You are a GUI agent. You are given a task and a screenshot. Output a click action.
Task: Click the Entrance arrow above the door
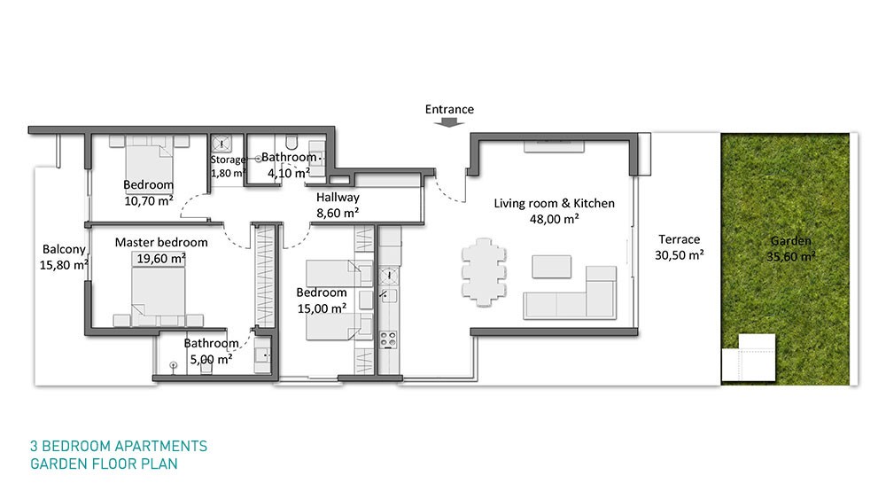pyautogui.click(x=449, y=122)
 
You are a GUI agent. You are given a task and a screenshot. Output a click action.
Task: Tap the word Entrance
pyautogui.click(x=449, y=109)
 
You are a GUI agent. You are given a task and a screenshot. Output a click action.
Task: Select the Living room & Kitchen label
pyautogui.click(x=554, y=204)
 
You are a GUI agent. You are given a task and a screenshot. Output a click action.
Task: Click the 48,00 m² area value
pyautogui.click(x=554, y=219)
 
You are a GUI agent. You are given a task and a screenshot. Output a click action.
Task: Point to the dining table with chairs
pyautogui.click(x=484, y=272)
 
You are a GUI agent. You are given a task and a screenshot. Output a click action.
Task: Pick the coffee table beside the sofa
pyautogui.click(x=551, y=267)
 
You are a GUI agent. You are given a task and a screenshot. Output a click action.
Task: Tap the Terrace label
pyautogui.click(x=680, y=239)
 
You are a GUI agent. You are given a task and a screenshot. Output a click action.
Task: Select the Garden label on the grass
pyautogui.click(x=790, y=241)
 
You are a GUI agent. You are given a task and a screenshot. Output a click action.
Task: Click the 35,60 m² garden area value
pyautogui.click(x=790, y=256)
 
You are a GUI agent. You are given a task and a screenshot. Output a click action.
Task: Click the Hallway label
pyautogui.click(x=338, y=198)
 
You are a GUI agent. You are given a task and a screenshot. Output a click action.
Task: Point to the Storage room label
pyautogui.click(x=228, y=160)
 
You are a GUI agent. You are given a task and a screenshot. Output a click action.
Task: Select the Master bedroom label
pyautogui.click(x=161, y=243)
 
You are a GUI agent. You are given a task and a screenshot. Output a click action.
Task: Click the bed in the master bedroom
pyautogui.click(x=159, y=295)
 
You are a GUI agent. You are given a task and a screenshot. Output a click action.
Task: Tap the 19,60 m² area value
pyautogui.click(x=161, y=258)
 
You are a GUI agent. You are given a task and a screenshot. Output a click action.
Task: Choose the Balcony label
pyautogui.click(x=64, y=249)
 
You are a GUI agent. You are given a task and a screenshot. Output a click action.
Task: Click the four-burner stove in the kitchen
pyautogui.click(x=388, y=339)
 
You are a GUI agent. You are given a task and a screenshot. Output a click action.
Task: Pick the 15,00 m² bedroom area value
pyautogui.click(x=322, y=308)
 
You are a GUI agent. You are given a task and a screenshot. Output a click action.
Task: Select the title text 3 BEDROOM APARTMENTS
pyautogui.click(x=119, y=446)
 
